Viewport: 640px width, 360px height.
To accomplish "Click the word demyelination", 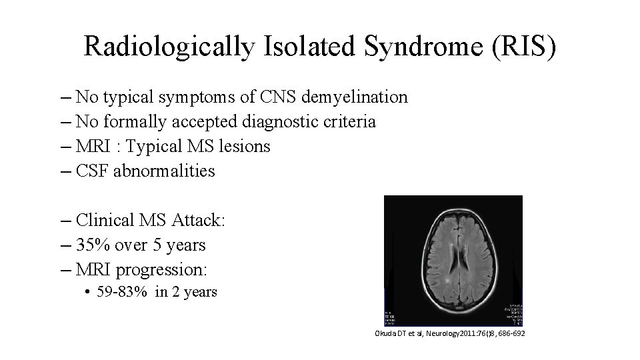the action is [355, 97].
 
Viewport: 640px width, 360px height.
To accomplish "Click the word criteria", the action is [351, 122].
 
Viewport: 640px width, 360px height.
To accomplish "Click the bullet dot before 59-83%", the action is [88, 293].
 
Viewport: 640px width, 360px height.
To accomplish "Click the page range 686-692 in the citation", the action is [511, 333].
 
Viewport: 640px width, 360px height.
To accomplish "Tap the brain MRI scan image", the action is [453, 261].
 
